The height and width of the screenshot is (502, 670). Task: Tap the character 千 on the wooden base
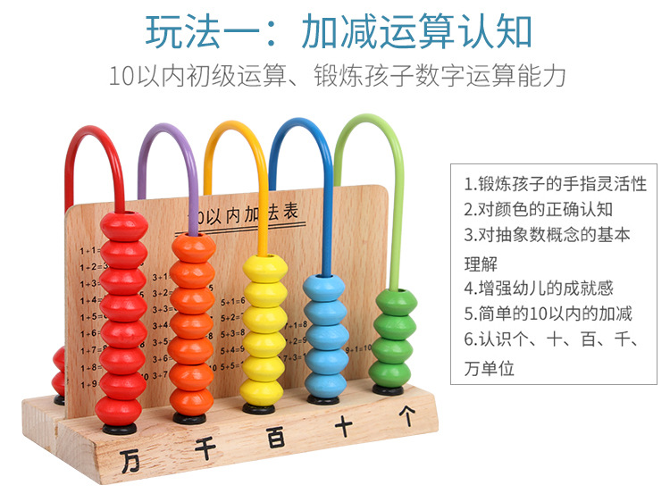[206, 447]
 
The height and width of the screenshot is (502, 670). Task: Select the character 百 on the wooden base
[276, 437]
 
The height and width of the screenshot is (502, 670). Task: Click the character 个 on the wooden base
[407, 415]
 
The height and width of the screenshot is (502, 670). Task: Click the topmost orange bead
[192, 246]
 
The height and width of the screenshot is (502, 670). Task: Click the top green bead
[393, 300]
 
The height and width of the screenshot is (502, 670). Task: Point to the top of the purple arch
[167, 130]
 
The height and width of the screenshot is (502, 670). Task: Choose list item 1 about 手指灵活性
[555, 184]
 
